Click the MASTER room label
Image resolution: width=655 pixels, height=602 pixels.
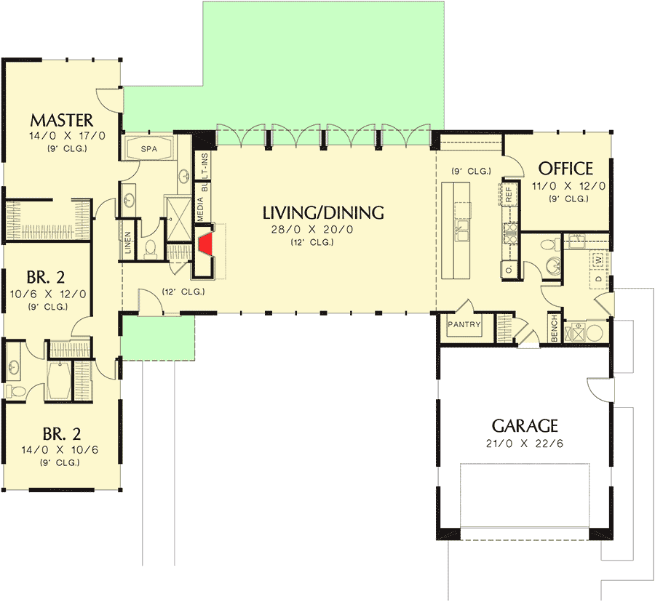click(x=61, y=120)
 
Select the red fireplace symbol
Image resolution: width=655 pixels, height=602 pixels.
click(x=207, y=244)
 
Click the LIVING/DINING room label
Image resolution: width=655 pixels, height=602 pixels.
click(x=322, y=213)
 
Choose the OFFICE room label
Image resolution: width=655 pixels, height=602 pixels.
click(x=565, y=169)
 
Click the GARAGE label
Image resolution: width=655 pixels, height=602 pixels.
click(x=525, y=425)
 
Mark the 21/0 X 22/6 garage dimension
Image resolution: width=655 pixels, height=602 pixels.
click(x=525, y=443)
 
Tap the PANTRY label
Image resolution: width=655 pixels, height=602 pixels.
click(x=464, y=324)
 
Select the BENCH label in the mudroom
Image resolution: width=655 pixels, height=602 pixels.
click(x=555, y=329)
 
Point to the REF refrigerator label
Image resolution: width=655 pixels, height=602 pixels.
click(x=509, y=194)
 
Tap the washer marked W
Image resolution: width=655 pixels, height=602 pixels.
click(x=598, y=259)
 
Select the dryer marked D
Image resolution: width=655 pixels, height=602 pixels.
click(x=598, y=278)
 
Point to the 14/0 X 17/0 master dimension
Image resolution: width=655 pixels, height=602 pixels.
click(x=61, y=136)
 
